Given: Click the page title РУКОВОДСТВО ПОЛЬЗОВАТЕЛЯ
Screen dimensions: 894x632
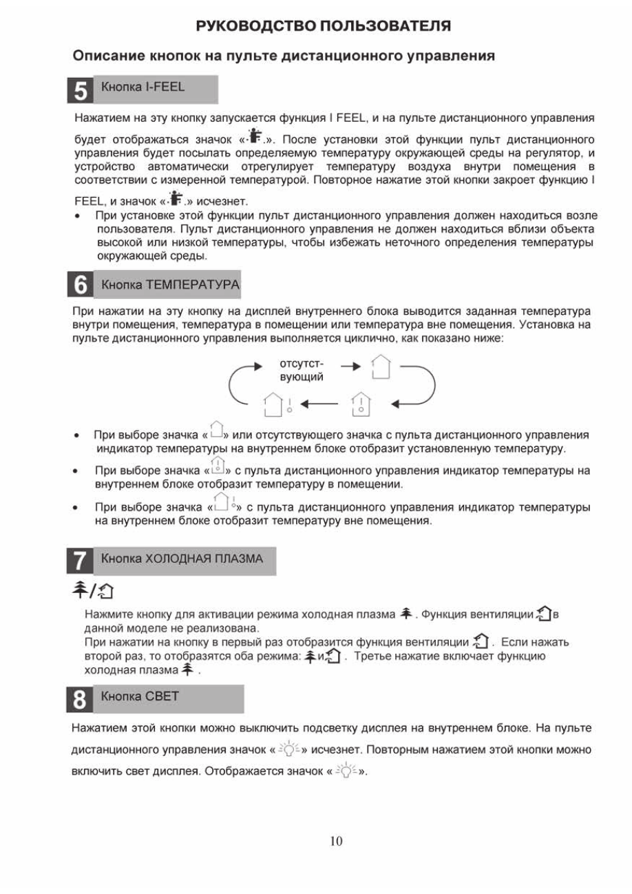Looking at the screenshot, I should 324,27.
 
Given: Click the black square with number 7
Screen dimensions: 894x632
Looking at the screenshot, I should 80,561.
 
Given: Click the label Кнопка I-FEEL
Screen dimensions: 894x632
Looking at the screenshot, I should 143,87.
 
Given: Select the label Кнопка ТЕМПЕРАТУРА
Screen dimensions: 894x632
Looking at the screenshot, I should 170,284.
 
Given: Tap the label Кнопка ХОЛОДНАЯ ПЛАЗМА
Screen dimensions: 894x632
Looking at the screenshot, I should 182,559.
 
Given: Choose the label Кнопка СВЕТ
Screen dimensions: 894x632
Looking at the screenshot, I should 140,696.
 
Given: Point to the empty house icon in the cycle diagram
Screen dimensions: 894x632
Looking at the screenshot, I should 380,367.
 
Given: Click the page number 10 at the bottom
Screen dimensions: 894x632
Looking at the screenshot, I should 336,841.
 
